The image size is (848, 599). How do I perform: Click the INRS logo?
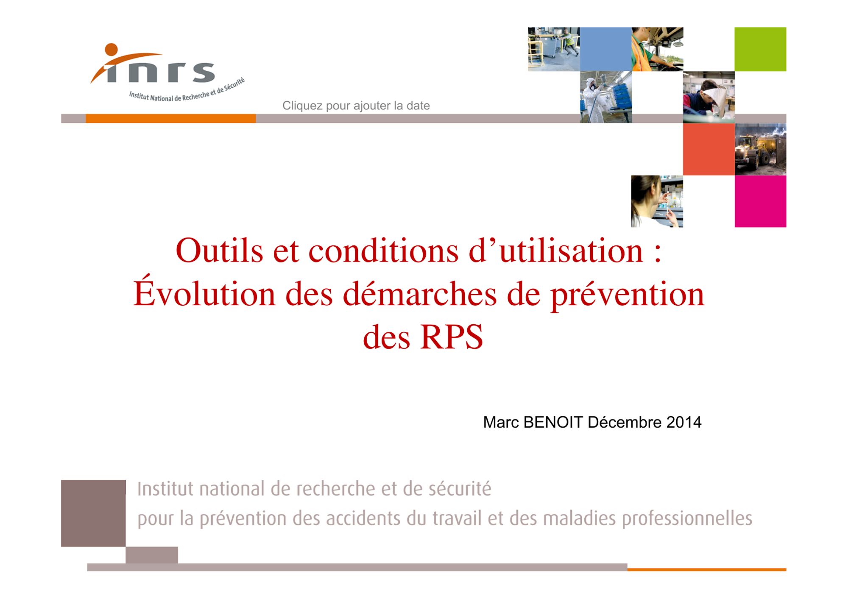167,72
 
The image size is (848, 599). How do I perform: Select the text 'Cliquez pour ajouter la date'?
356,106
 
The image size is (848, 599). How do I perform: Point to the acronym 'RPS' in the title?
452,337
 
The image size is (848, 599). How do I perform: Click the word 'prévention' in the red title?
628,295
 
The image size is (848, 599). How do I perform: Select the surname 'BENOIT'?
553,422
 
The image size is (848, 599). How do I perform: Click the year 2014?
684,422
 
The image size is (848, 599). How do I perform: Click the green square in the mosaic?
760,49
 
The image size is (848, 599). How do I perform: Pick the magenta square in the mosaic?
761,201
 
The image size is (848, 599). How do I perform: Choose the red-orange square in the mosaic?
709,149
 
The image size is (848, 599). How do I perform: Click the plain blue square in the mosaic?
606,49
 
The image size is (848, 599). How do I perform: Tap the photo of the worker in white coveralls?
606,97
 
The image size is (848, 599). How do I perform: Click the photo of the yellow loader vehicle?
761,149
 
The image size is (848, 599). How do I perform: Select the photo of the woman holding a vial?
657,201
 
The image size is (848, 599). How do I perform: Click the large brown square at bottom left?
93,513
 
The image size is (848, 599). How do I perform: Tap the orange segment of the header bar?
170,119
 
